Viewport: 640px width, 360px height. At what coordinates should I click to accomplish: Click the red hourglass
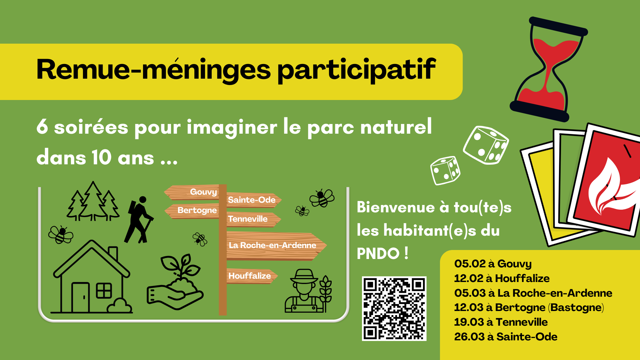[549, 69]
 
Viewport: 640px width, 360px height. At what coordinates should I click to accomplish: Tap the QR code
[394, 308]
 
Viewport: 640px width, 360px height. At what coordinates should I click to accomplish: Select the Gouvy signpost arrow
[191, 192]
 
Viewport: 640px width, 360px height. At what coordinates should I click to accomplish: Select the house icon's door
[80, 297]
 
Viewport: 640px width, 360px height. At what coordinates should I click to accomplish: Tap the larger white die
[486, 145]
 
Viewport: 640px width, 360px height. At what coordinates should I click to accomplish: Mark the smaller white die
[445, 171]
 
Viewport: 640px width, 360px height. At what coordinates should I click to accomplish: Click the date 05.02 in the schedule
[470, 264]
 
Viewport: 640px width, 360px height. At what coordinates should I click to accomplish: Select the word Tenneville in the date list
[522, 322]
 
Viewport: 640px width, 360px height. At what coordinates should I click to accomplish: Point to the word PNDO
[378, 254]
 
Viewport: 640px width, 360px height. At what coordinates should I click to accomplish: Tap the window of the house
[104, 290]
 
